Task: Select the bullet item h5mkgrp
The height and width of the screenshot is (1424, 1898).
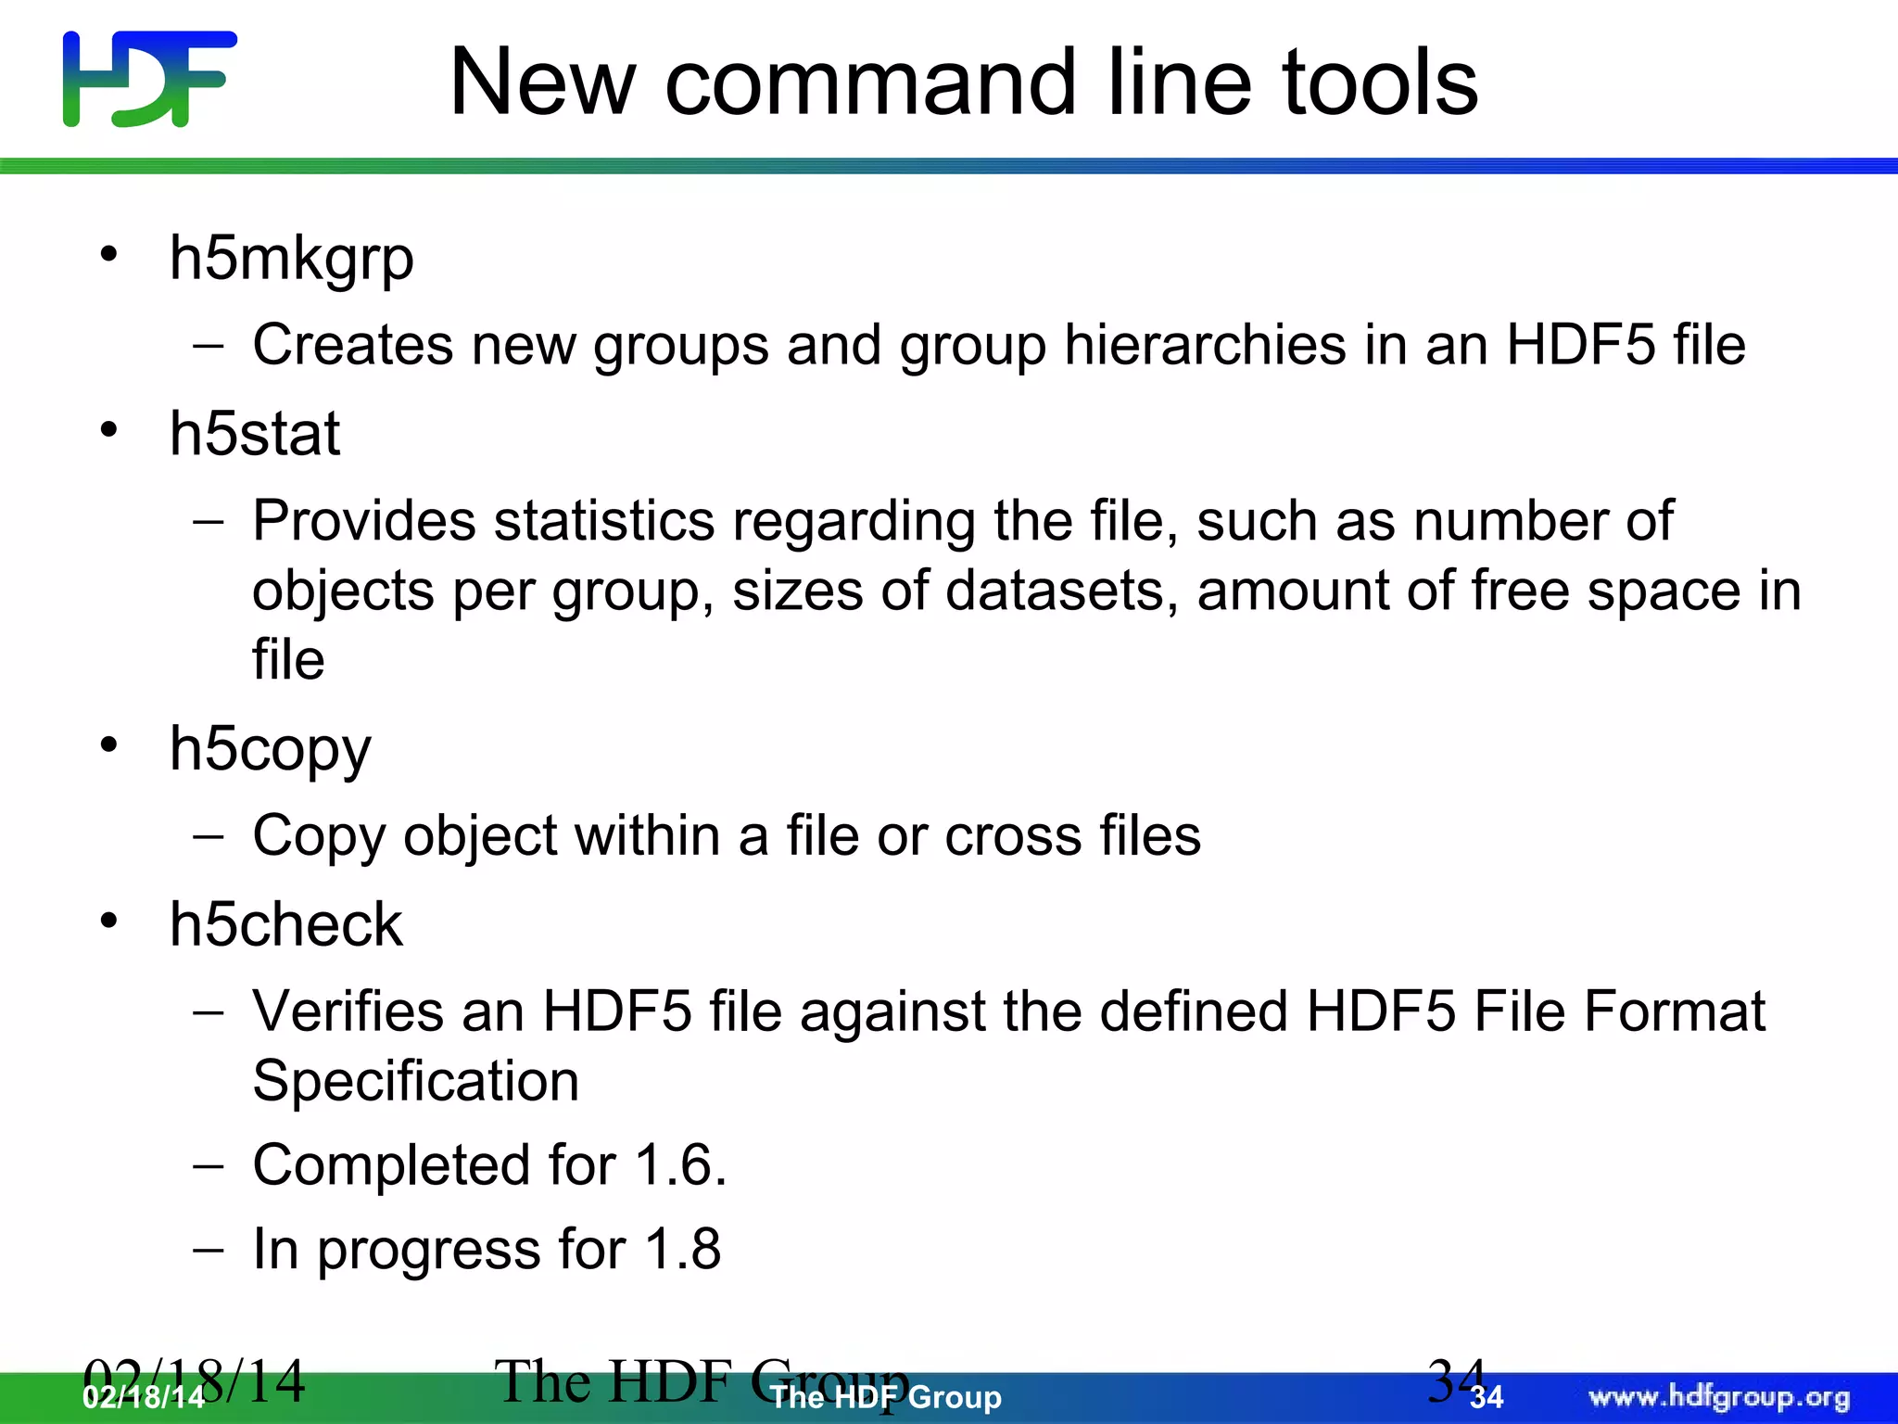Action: click(x=291, y=259)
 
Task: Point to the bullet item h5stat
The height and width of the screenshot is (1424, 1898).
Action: click(x=254, y=434)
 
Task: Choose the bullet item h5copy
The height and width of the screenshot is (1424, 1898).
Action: click(x=270, y=750)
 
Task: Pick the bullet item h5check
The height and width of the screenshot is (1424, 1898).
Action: click(x=285, y=925)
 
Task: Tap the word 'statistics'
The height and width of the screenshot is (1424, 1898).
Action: click(x=604, y=521)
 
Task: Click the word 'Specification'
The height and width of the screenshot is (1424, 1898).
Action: click(x=416, y=1081)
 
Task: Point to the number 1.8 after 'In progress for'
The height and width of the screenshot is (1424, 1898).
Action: click(x=682, y=1249)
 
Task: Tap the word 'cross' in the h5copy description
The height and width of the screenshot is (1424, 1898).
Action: click(x=1013, y=836)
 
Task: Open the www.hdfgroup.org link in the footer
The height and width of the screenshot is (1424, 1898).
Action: click(x=1719, y=1397)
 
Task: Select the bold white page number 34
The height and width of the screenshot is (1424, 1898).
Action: click(x=1487, y=1398)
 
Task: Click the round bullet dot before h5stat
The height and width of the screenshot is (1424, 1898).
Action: click(x=109, y=430)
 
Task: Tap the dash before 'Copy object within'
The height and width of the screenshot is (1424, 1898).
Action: click(x=209, y=836)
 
